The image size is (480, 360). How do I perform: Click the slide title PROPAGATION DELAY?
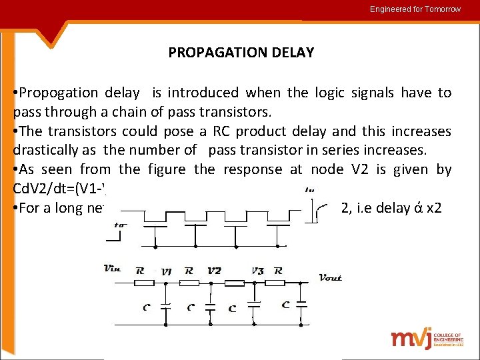[x=241, y=53]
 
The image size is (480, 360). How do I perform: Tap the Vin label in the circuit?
[x=113, y=269]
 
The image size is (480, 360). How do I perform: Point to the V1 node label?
[x=167, y=272]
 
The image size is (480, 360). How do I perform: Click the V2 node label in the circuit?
[x=213, y=271]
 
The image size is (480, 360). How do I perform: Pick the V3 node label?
[x=258, y=271]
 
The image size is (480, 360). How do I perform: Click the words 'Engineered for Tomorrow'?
[x=415, y=9]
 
